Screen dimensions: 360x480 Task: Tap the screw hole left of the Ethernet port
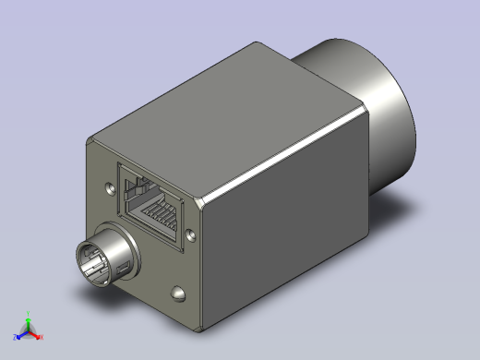(112, 187)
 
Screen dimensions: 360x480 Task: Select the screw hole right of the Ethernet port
(191, 234)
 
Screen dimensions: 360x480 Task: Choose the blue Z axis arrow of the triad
(20, 333)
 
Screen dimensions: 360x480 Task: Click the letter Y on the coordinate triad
(29, 317)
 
